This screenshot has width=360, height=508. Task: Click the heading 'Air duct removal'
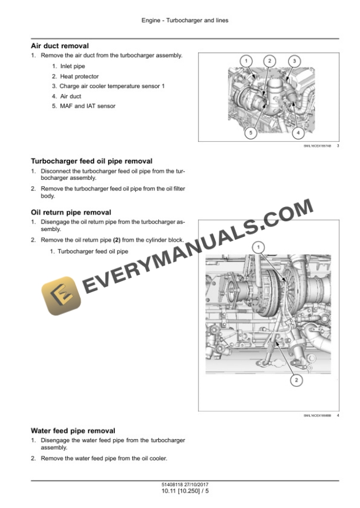[59, 45]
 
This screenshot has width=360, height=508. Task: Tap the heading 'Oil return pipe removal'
[71, 212]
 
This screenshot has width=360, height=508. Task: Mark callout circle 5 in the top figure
[251, 133]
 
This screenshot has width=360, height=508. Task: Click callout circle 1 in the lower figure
[258, 248]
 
